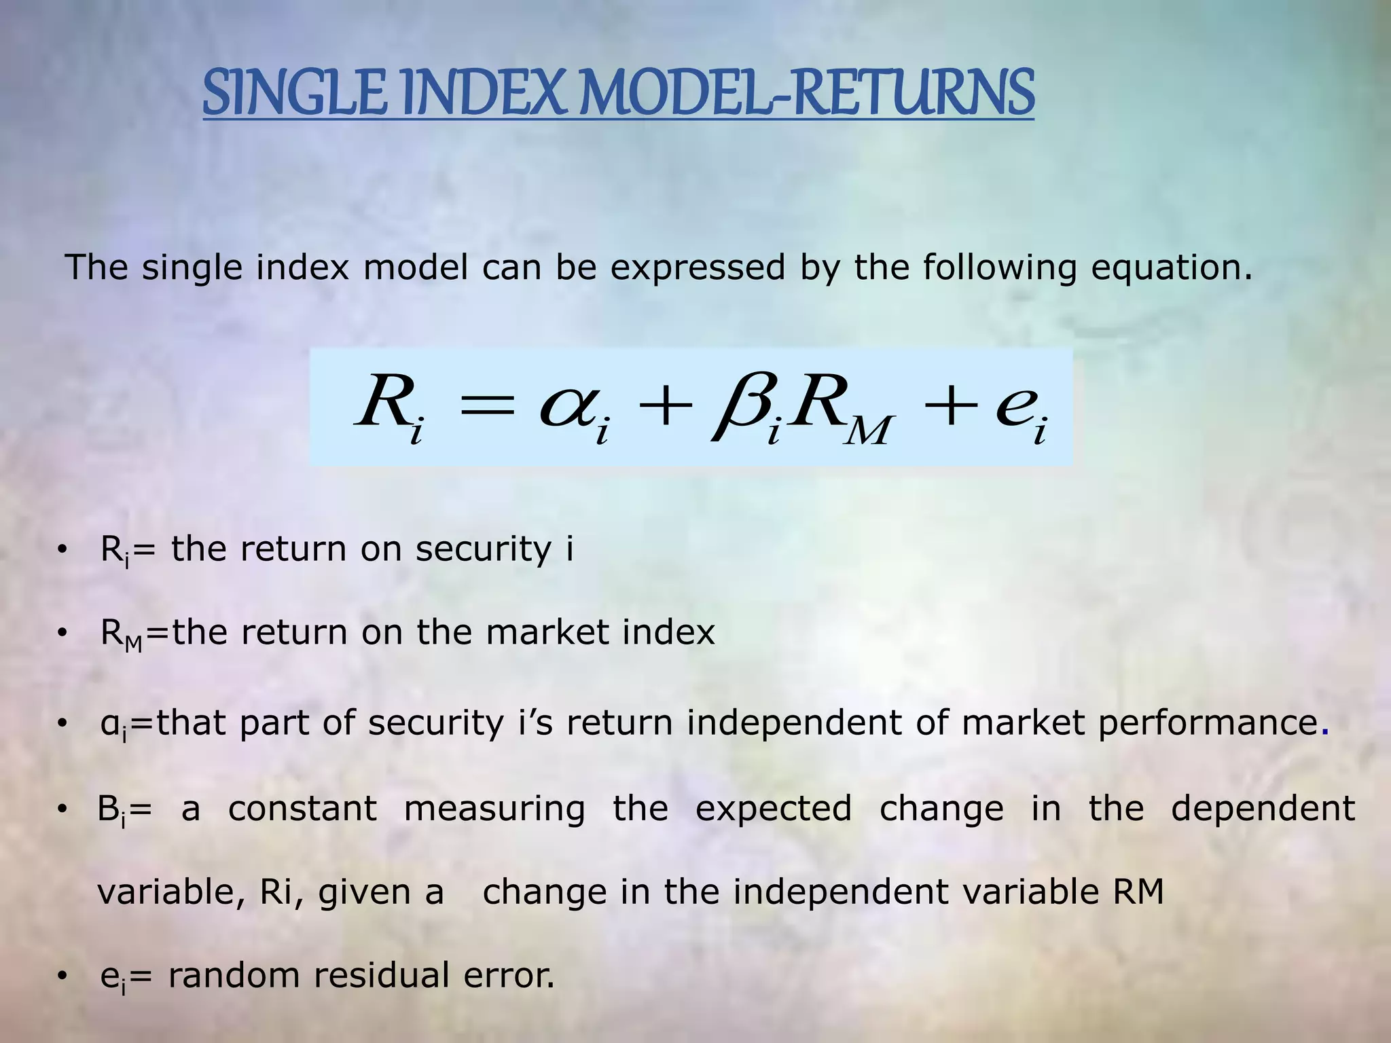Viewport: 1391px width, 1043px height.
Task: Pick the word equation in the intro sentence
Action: [1171, 267]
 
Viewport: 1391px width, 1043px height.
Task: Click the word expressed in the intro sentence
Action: [697, 267]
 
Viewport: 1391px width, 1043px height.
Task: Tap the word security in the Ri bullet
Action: [483, 549]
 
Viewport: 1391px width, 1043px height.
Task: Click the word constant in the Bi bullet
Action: [302, 808]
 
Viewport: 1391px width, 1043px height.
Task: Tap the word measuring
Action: [494, 808]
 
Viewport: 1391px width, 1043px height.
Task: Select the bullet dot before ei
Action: [62, 976]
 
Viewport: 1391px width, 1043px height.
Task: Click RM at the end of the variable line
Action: [1138, 892]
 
